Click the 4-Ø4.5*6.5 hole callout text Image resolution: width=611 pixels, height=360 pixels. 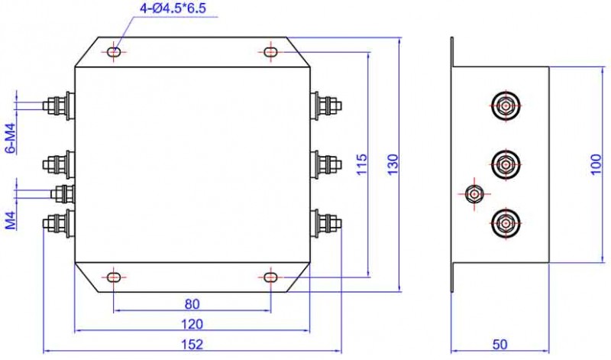click(x=173, y=8)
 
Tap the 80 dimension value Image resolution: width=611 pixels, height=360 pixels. click(x=192, y=304)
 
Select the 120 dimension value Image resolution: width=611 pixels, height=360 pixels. click(x=192, y=324)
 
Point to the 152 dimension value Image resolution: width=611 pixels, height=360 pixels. click(x=192, y=345)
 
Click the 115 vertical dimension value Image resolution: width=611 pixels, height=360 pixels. click(x=361, y=164)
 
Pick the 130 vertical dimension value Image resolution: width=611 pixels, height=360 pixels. click(x=393, y=164)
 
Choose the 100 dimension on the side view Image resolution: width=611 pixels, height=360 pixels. click(x=596, y=164)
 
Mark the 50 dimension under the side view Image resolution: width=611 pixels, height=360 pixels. click(x=500, y=345)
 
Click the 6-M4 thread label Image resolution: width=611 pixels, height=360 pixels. click(x=11, y=138)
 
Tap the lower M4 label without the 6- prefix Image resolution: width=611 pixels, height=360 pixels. click(x=11, y=220)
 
